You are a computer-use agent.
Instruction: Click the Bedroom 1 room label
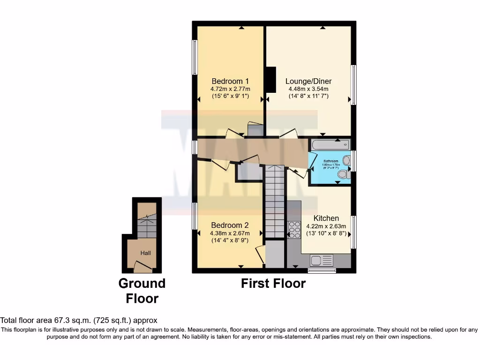pos(230,80)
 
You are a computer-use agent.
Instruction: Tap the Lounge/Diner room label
pos(307,80)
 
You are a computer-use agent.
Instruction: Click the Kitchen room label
pos(326,218)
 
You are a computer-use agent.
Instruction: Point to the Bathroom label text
pos(330,161)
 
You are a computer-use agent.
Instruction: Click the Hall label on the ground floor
pos(146,253)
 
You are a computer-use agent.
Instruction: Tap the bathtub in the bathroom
pos(330,145)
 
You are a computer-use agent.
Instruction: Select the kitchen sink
pos(321,260)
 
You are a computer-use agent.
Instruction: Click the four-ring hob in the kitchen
pos(294,230)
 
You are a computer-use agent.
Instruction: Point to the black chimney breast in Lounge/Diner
pos(270,80)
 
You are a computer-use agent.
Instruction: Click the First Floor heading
pos(273,284)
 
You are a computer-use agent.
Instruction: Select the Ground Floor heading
pos(142,291)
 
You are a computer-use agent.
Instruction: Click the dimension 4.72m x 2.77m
pos(230,89)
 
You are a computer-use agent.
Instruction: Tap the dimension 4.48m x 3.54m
pos(307,89)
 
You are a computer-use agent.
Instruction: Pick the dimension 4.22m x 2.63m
pos(326,226)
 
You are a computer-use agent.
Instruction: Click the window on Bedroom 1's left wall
pos(194,57)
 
